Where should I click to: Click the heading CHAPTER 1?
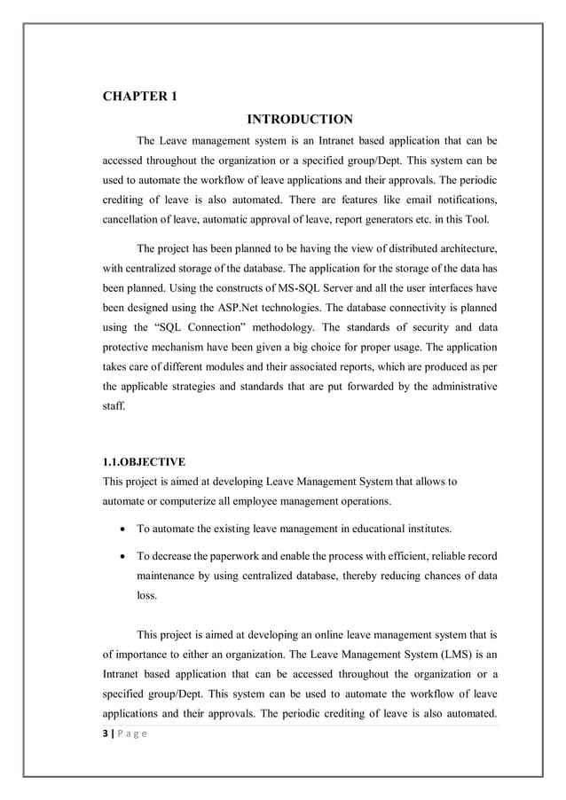141,97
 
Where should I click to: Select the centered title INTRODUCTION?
299,120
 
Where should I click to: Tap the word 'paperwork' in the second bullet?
235,556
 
